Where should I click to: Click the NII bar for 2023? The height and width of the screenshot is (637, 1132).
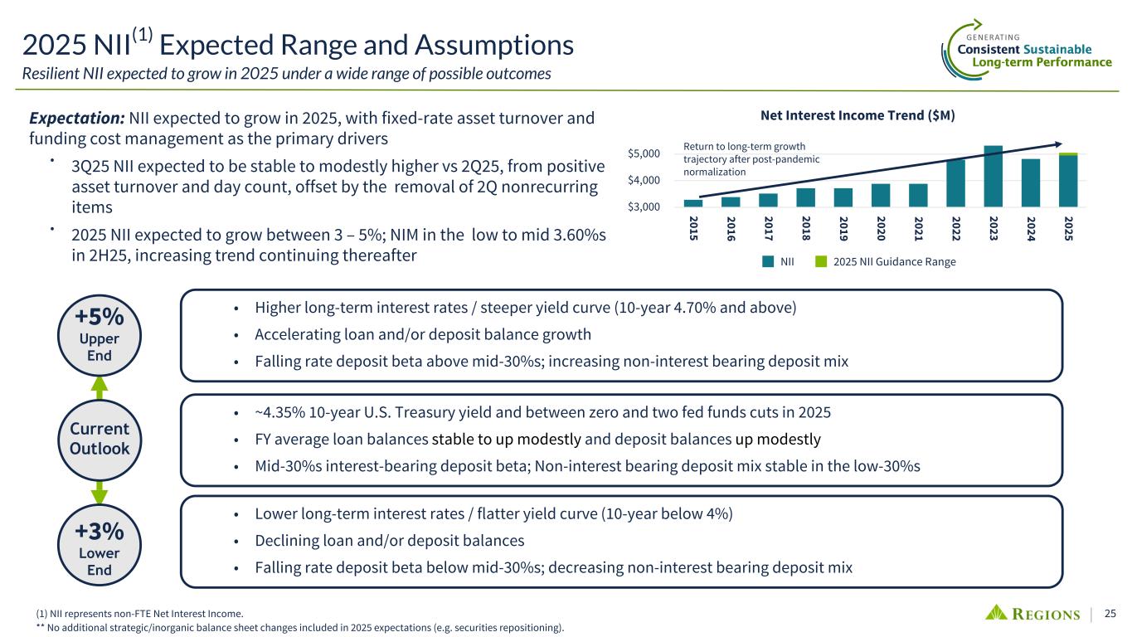993,176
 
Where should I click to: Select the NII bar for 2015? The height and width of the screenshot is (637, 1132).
692,202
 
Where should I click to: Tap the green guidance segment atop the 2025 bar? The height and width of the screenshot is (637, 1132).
1068,153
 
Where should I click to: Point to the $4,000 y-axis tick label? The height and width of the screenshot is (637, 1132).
644,180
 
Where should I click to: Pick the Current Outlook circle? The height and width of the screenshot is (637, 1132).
99,439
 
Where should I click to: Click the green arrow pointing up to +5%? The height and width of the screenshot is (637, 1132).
99,387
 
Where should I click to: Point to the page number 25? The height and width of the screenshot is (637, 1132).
1110,614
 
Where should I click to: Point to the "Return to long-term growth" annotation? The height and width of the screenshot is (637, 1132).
744,147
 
